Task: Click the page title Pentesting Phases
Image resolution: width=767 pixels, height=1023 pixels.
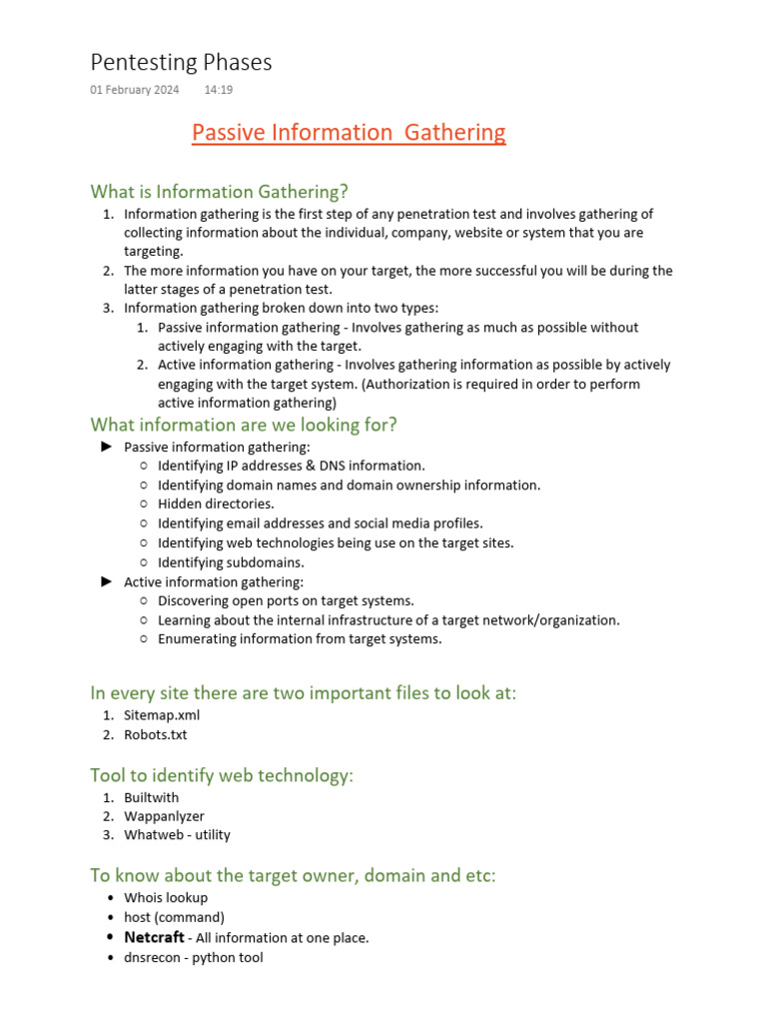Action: pyautogui.click(x=181, y=63)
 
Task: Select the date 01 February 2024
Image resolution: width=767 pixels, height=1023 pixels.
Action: pyautogui.click(x=135, y=90)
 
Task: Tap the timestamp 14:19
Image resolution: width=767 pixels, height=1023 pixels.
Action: pyautogui.click(x=219, y=90)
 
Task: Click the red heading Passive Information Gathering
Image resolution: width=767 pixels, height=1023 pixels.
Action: pyautogui.click(x=349, y=132)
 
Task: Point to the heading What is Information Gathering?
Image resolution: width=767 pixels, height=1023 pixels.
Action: pyautogui.click(x=219, y=191)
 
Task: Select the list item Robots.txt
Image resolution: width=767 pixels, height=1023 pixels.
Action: pyautogui.click(x=155, y=734)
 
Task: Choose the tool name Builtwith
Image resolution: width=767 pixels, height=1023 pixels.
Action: pyautogui.click(x=151, y=797)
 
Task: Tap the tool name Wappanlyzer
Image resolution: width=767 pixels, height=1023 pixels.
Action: pyautogui.click(x=164, y=816)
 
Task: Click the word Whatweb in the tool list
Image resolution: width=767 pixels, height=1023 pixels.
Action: pyautogui.click(x=151, y=835)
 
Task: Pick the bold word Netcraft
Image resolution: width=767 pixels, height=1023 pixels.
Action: pyautogui.click(x=154, y=937)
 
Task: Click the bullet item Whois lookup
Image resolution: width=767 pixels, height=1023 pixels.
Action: pyautogui.click(x=166, y=898)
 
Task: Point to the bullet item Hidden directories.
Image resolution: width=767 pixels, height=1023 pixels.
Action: pyautogui.click(x=216, y=505)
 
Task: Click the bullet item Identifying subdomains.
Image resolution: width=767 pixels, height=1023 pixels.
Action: pyautogui.click(x=231, y=562)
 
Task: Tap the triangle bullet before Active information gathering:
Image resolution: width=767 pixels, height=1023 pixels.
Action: pyautogui.click(x=107, y=581)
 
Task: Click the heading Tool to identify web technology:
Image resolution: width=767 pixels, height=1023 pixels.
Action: pyautogui.click(x=222, y=775)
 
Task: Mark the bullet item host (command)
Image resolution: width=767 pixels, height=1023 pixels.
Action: pyautogui.click(x=174, y=917)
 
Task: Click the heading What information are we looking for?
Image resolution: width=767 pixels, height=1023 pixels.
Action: pyautogui.click(x=244, y=425)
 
